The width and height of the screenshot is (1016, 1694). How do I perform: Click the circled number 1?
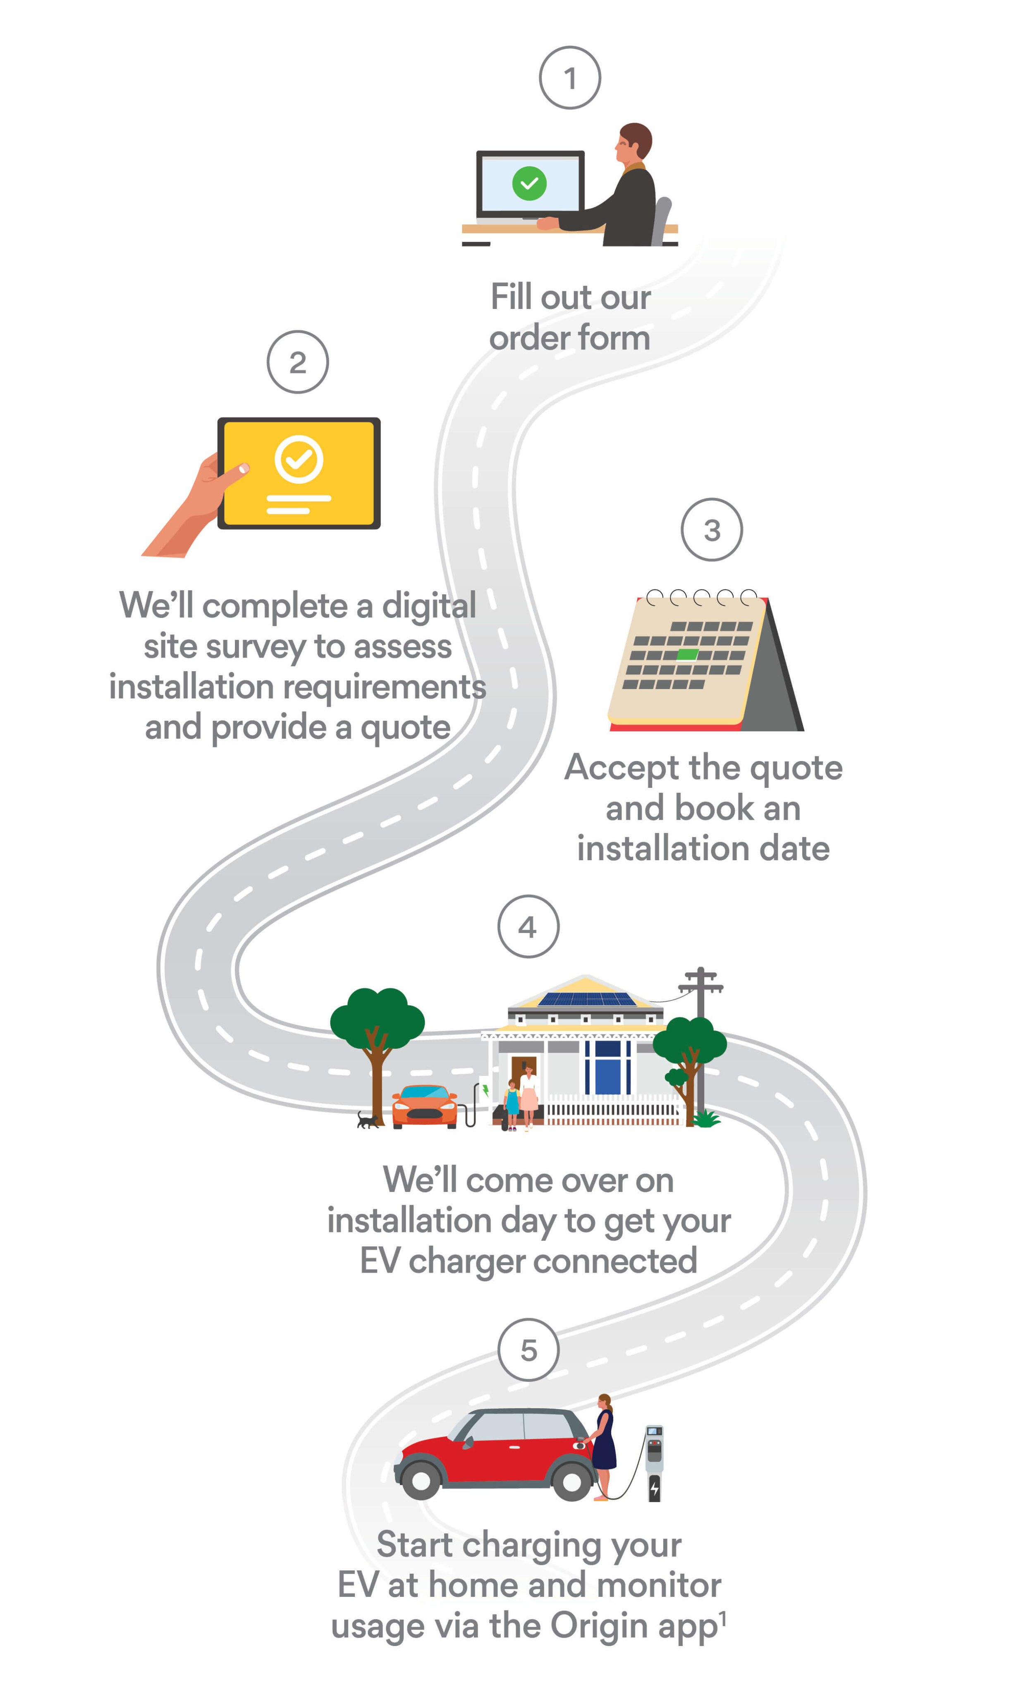(x=570, y=78)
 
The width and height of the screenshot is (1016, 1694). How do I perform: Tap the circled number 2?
(x=298, y=362)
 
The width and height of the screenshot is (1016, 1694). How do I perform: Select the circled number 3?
(x=712, y=530)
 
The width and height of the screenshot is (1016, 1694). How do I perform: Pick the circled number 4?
(x=528, y=926)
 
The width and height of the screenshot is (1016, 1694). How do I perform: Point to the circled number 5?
(x=528, y=1349)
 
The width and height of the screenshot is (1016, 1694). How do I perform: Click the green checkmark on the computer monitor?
(x=529, y=184)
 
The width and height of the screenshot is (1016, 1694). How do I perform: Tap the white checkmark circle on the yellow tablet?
(x=299, y=459)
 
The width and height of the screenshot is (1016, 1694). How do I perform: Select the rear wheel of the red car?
(x=421, y=1481)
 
